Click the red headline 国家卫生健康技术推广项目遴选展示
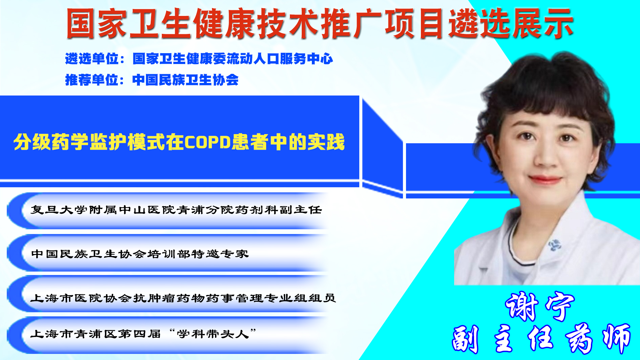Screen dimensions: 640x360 coord(320,24)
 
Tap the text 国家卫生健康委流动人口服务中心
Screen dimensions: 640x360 coord(233,59)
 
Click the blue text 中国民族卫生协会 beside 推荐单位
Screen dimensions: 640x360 coord(186,80)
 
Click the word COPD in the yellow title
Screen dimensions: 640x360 coord(208,142)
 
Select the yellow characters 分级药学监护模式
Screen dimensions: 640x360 coord(89,142)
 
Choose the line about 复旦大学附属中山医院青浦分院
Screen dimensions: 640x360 coord(176,210)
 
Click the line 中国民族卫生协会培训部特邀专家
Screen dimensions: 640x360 coord(140,254)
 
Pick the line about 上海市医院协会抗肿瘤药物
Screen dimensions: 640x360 coord(183,298)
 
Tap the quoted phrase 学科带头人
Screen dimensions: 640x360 coord(213,334)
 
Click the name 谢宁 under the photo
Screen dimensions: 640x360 coord(540,306)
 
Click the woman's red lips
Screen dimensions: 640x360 coord(545,179)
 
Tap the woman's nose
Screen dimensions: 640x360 coord(546,154)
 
